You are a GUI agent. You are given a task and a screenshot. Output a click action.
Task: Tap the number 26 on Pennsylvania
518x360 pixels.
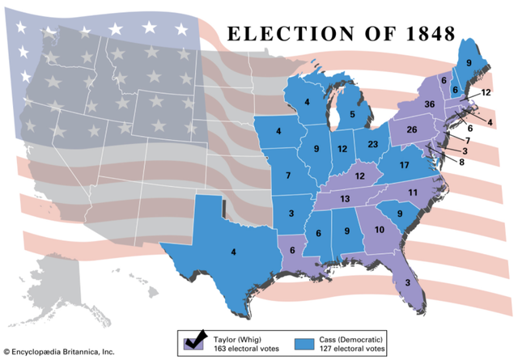click(x=411, y=130)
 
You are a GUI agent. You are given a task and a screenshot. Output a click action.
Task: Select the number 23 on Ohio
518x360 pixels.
click(x=372, y=145)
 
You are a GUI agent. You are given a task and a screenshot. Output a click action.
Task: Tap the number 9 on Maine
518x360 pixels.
click(x=469, y=62)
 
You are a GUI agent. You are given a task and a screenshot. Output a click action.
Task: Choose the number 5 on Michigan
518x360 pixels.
click(x=352, y=115)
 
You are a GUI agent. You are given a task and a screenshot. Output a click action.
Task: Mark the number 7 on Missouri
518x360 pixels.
click(x=287, y=176)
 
